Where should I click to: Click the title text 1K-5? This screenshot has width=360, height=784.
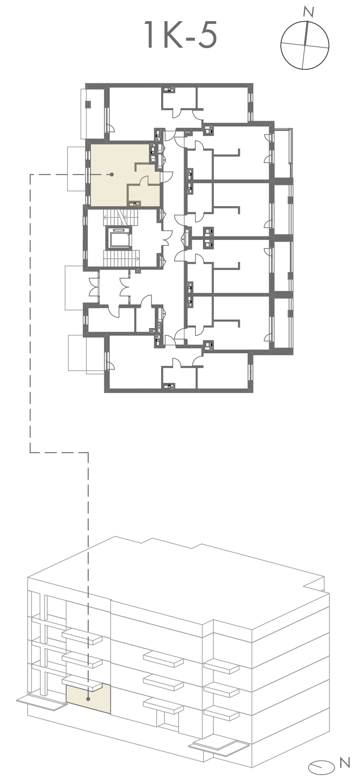click(181, 35)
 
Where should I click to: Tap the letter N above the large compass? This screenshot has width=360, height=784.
click(309, 12)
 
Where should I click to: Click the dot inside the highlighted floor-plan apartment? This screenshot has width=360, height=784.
click(112, 174)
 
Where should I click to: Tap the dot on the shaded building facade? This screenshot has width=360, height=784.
click(88, 699)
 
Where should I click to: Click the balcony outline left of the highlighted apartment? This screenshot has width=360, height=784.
click(76, 168)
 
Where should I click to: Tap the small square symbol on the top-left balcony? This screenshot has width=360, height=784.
click(88, 104)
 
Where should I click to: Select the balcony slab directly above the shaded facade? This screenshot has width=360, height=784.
click(83, 683)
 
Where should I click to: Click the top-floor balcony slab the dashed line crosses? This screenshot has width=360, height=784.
click(83, 636)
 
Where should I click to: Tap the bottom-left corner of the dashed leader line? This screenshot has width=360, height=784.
click(30, 452)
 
